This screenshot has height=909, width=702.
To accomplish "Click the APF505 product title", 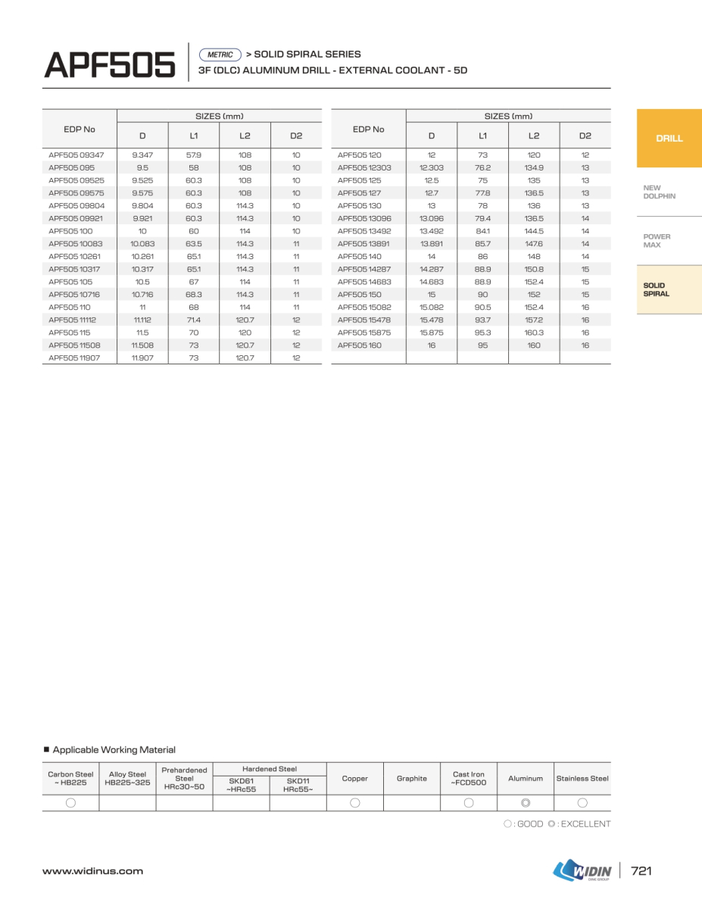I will point(110,64).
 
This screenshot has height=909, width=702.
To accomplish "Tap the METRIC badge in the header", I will point(220,55).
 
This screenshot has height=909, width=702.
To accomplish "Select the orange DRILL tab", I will point(669,138).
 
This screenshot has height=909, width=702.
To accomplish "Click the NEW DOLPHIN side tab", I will point(659,192).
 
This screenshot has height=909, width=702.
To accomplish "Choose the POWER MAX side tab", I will point(657,241).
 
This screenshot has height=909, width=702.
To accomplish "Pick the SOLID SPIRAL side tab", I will point(656,289).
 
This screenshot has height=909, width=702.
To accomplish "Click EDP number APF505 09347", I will point(76,155).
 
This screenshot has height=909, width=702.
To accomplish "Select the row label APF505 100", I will point(70,231).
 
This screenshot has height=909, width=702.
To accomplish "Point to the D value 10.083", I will point(142,244).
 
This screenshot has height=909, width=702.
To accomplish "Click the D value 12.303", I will point(432,167).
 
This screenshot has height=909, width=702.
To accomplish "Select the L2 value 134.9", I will point(534,167).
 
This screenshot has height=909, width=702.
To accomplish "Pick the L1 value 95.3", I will point(482,333).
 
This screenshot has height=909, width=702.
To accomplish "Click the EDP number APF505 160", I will point(360,345).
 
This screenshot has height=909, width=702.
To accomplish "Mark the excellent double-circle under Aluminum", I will point(526,803).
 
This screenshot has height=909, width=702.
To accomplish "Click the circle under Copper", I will point(354,803).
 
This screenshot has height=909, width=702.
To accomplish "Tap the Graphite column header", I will point(412,778).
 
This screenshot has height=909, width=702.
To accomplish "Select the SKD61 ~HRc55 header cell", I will point(241,784).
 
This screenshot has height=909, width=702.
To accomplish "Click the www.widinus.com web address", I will point(92,871).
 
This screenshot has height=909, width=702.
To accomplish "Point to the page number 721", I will point(641,871).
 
